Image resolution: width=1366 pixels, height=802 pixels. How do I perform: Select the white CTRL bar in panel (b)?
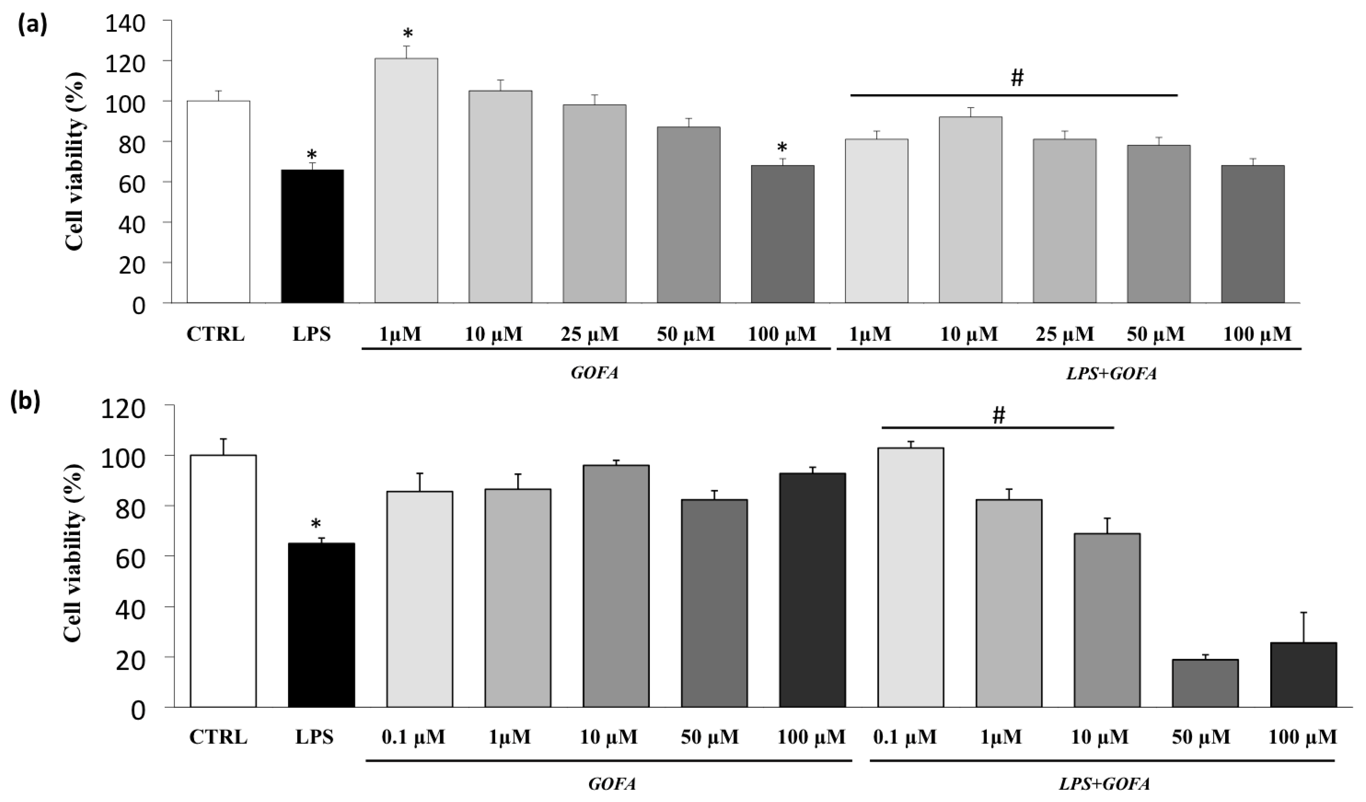[223, 581]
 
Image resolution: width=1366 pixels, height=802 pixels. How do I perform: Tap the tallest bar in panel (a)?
[406, 180]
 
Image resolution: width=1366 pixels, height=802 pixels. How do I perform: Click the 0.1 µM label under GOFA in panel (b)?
[415, 737]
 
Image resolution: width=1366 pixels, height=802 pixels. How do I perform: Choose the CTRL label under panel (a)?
[215, 334]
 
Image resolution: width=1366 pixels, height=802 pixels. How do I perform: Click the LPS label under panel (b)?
[314, 737]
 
